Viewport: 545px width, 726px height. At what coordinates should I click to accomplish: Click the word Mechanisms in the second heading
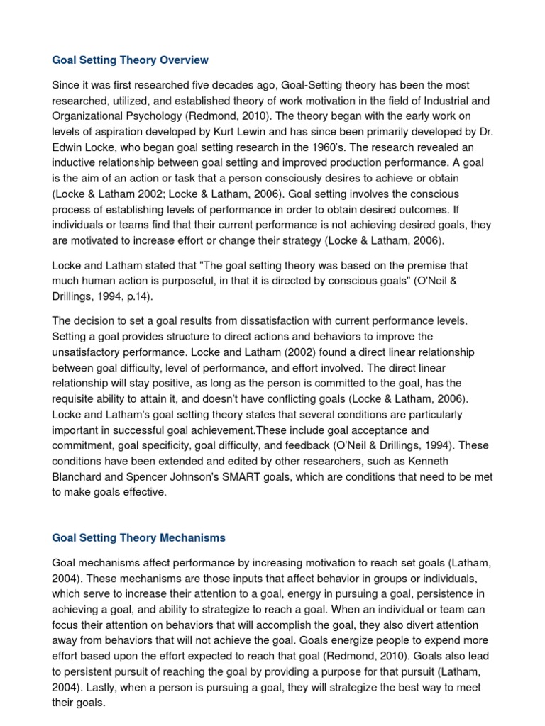pyautogui.click(x=191, y=537)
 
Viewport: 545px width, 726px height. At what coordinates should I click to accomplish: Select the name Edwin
pyautogui.click(x=68, y=147)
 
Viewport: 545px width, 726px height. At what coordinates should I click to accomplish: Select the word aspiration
pyautogui.click(x=117, y=131)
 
